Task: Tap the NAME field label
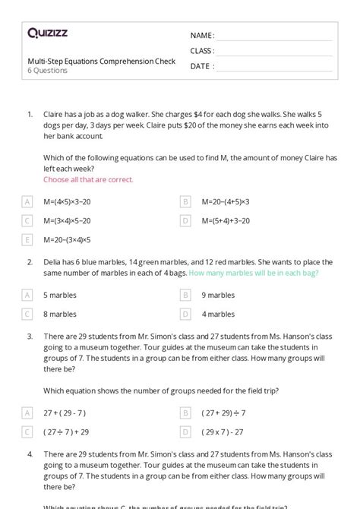(202, 36)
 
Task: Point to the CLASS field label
(202, 51)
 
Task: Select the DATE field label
(201, 66)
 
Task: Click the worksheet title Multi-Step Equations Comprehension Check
(101, 61)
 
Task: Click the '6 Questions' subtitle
(47, 71)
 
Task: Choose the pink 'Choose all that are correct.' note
(88, 179)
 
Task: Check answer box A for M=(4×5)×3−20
(27, 201)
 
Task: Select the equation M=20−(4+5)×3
(226, 201)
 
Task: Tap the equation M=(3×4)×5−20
(67, 220)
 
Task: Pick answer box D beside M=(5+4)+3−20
(185, 220)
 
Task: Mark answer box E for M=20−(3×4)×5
(27, 239)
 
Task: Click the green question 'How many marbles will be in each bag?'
(253, 273)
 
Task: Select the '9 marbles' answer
(218, 295)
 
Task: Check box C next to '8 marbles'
(27, 314)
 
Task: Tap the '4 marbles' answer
(218, 314)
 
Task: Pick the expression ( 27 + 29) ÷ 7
(224, 413)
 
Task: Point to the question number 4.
(30, 454)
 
